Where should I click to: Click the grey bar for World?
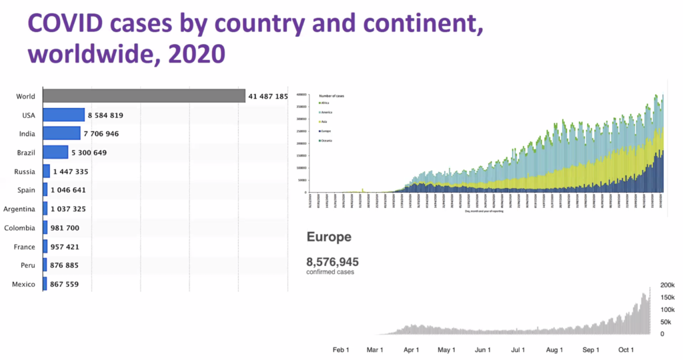coord(143,96)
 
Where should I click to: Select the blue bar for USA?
coord(64,115)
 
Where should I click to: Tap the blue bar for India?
coord(61,134)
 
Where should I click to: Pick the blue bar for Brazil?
coord(55,153)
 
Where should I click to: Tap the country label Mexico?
coord(23,285)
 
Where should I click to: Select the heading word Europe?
coord(329,237)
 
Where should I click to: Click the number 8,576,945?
coord(332,261)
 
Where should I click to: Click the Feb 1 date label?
coord(341,349)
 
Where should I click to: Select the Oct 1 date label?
coord(626,349)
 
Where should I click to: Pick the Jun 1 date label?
coord(483,349)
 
